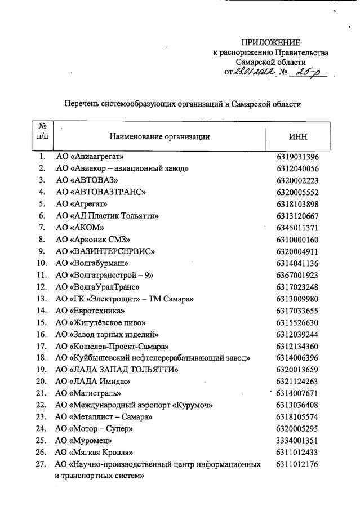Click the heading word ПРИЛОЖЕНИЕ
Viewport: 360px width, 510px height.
pos(270,43)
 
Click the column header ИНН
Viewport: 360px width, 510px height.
pos(297,136)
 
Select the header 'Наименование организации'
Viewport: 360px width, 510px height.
pos(159,136)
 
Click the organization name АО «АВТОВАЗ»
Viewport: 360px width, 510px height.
pos(86,180)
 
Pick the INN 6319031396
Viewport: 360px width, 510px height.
pos(297,156)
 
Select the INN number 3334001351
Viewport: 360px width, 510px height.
pos(297,441)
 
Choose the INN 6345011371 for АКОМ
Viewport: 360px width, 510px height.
pos(297,227)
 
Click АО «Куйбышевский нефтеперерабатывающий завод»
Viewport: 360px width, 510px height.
pos(153,358)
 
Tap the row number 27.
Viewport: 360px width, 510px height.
pos(42,464)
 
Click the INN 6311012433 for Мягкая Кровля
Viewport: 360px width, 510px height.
pos(297,453)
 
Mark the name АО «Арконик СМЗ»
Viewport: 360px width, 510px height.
pos(93,239)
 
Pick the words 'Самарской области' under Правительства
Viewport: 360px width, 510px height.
pos(270,62)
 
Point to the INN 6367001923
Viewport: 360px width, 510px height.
pos(297,275)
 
